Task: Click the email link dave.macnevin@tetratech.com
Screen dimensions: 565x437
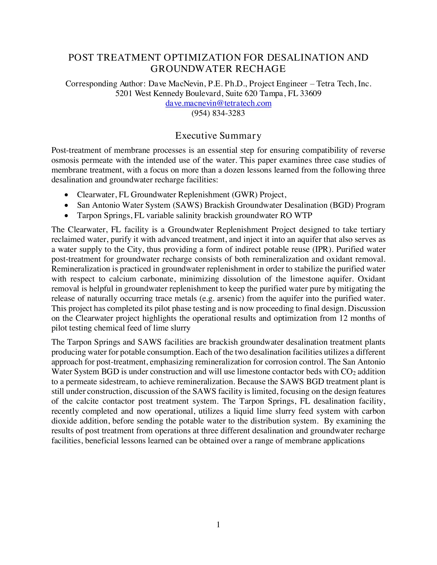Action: pyautogui.click(x=218, y=103)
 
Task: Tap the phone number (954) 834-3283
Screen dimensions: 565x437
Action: pyautogui.click(x=218, y=113)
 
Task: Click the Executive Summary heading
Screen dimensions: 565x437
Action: pyautogui.click(x=218, y=136)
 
